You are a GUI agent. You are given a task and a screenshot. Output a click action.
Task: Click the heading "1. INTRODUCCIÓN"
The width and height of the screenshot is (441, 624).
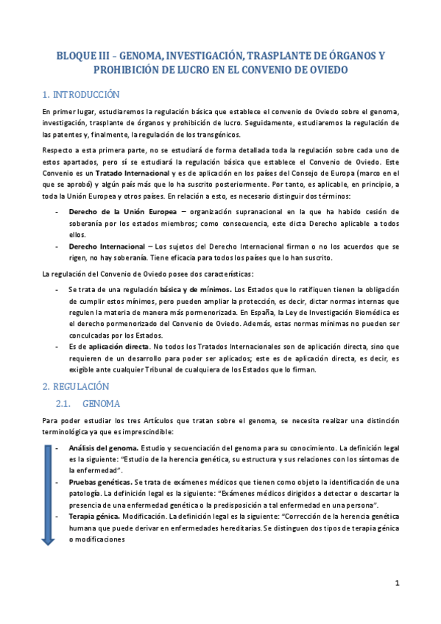(81, 95)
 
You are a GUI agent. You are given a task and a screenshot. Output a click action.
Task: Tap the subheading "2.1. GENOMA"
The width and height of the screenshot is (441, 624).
(88, 404)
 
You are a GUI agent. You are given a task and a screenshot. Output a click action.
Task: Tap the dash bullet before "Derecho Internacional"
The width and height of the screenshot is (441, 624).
(57, 246)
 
